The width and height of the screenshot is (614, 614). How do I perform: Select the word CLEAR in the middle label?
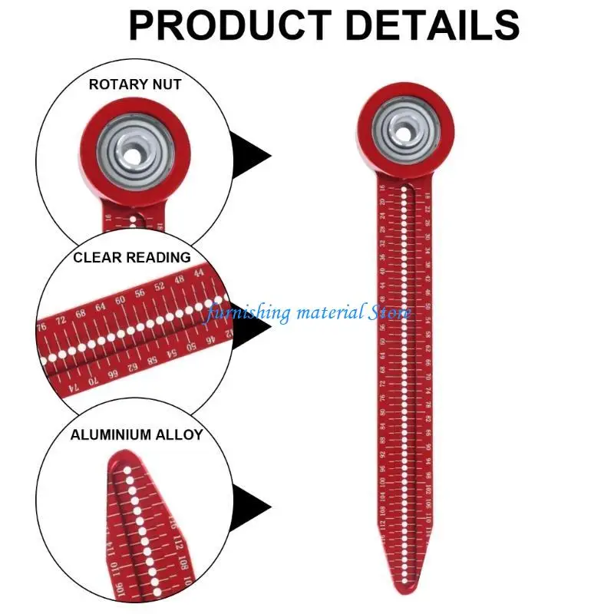[96, 258]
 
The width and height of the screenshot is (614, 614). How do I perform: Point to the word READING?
[156, 258]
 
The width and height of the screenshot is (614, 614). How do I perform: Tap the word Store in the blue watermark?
[390, 313]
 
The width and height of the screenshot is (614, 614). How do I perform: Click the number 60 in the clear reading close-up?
[120, 299]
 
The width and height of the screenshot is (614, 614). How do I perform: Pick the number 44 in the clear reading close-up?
[199, 273]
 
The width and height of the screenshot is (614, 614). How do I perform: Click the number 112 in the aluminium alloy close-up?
[178, 543]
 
